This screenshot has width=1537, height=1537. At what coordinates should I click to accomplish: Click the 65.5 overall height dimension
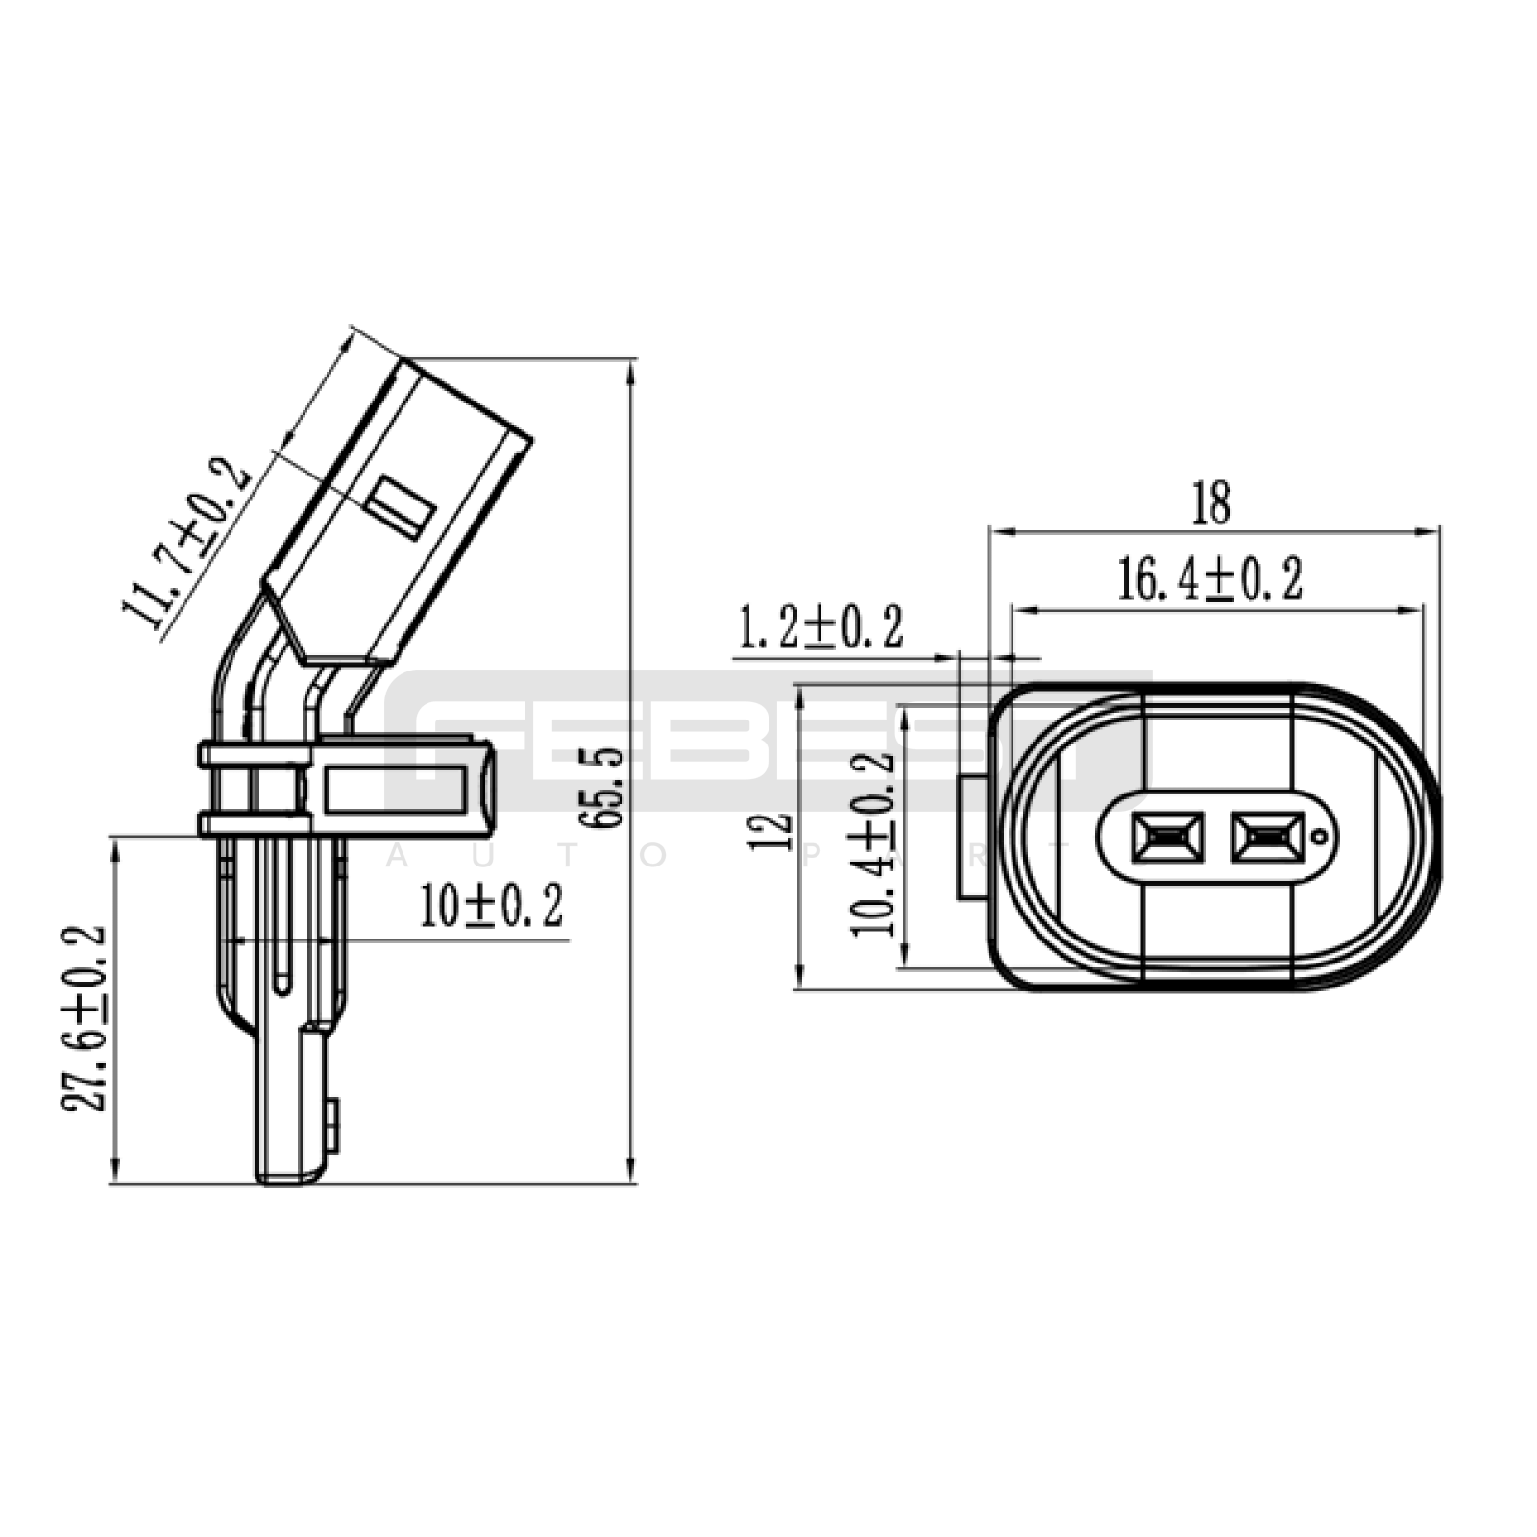point(609,788)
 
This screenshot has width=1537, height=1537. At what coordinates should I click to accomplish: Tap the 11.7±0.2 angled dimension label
point(185,545)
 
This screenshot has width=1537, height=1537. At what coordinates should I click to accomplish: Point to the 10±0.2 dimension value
point(492,906)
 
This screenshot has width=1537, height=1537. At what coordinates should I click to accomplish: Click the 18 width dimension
point(1211,503)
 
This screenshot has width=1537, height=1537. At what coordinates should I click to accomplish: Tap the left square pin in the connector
point(1167,837)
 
